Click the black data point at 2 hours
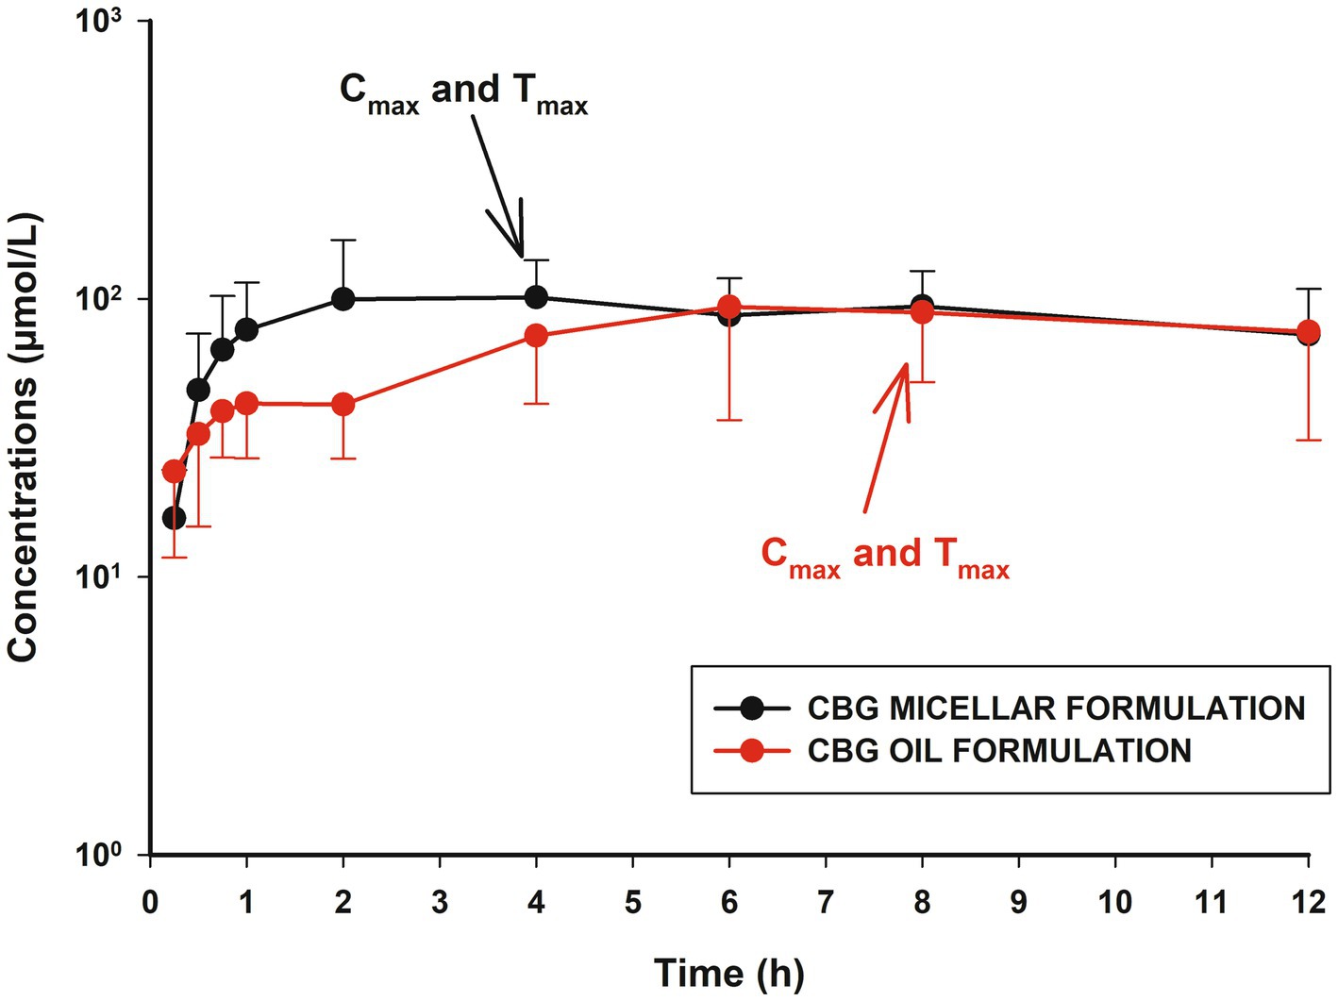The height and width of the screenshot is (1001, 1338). coord(343,299)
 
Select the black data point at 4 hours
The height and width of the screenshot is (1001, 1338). coord(536,297)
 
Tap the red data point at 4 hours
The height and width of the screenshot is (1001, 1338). coord(536,335)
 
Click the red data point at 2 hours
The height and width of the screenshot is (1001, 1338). coord(343,404)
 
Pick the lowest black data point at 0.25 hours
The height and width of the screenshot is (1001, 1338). coord(174,518)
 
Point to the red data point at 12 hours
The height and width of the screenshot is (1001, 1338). coord(1309,332)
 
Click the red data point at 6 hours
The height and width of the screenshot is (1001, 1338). coord(729,307)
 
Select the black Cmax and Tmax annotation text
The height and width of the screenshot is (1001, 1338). coord(463,92)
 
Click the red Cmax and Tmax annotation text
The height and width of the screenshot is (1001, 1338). coord(884,556)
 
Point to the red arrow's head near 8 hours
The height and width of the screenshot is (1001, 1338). coord(904,368)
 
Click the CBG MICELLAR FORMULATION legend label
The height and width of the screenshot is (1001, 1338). coord(1056,708)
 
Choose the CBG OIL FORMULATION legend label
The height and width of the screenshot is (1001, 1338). coord(999,751)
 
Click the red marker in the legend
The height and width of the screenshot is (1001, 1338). coord(752,751)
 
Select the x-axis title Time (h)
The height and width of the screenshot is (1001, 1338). coord(728,973)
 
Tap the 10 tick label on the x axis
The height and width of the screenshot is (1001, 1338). coord(1114,902)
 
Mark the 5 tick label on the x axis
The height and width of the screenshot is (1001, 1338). coord(632,902)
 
